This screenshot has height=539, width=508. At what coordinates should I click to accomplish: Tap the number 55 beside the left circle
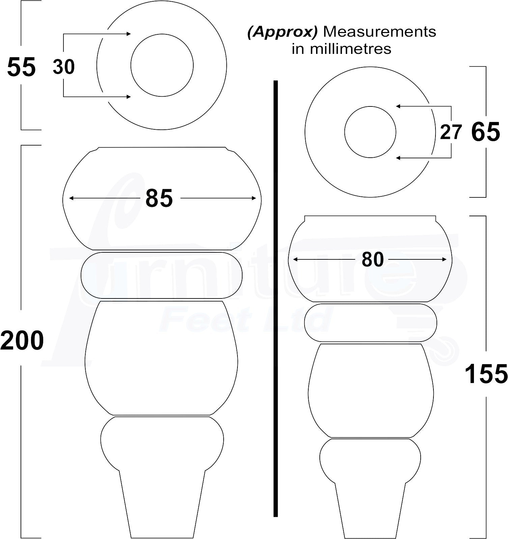[x=21, y=67]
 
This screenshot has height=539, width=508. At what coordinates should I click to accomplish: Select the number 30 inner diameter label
[x=64, y=67]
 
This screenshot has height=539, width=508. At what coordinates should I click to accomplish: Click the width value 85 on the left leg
[x=159, y=198]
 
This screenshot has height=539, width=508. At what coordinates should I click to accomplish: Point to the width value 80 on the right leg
[x=373, y=259]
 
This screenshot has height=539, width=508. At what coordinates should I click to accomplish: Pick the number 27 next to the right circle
[x=450, y=132]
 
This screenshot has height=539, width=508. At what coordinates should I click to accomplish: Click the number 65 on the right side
[x=485, y=132]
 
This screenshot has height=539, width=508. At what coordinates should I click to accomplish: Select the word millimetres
[x=351, y=49]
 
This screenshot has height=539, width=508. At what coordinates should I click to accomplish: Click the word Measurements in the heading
[x=379, y=32]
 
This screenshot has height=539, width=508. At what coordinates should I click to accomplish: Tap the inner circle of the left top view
[x=162, y=65]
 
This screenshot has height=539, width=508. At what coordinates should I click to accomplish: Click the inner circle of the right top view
[x=370, y=132]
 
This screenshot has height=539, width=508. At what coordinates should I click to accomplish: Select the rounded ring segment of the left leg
[x=162, y=275]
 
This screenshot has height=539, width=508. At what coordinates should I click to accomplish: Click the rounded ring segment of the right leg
[x=370, y=323]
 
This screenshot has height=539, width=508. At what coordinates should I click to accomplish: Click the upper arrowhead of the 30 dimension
[x=129, y=34]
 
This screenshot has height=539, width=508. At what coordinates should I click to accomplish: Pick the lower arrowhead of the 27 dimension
[x=398, y=158]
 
